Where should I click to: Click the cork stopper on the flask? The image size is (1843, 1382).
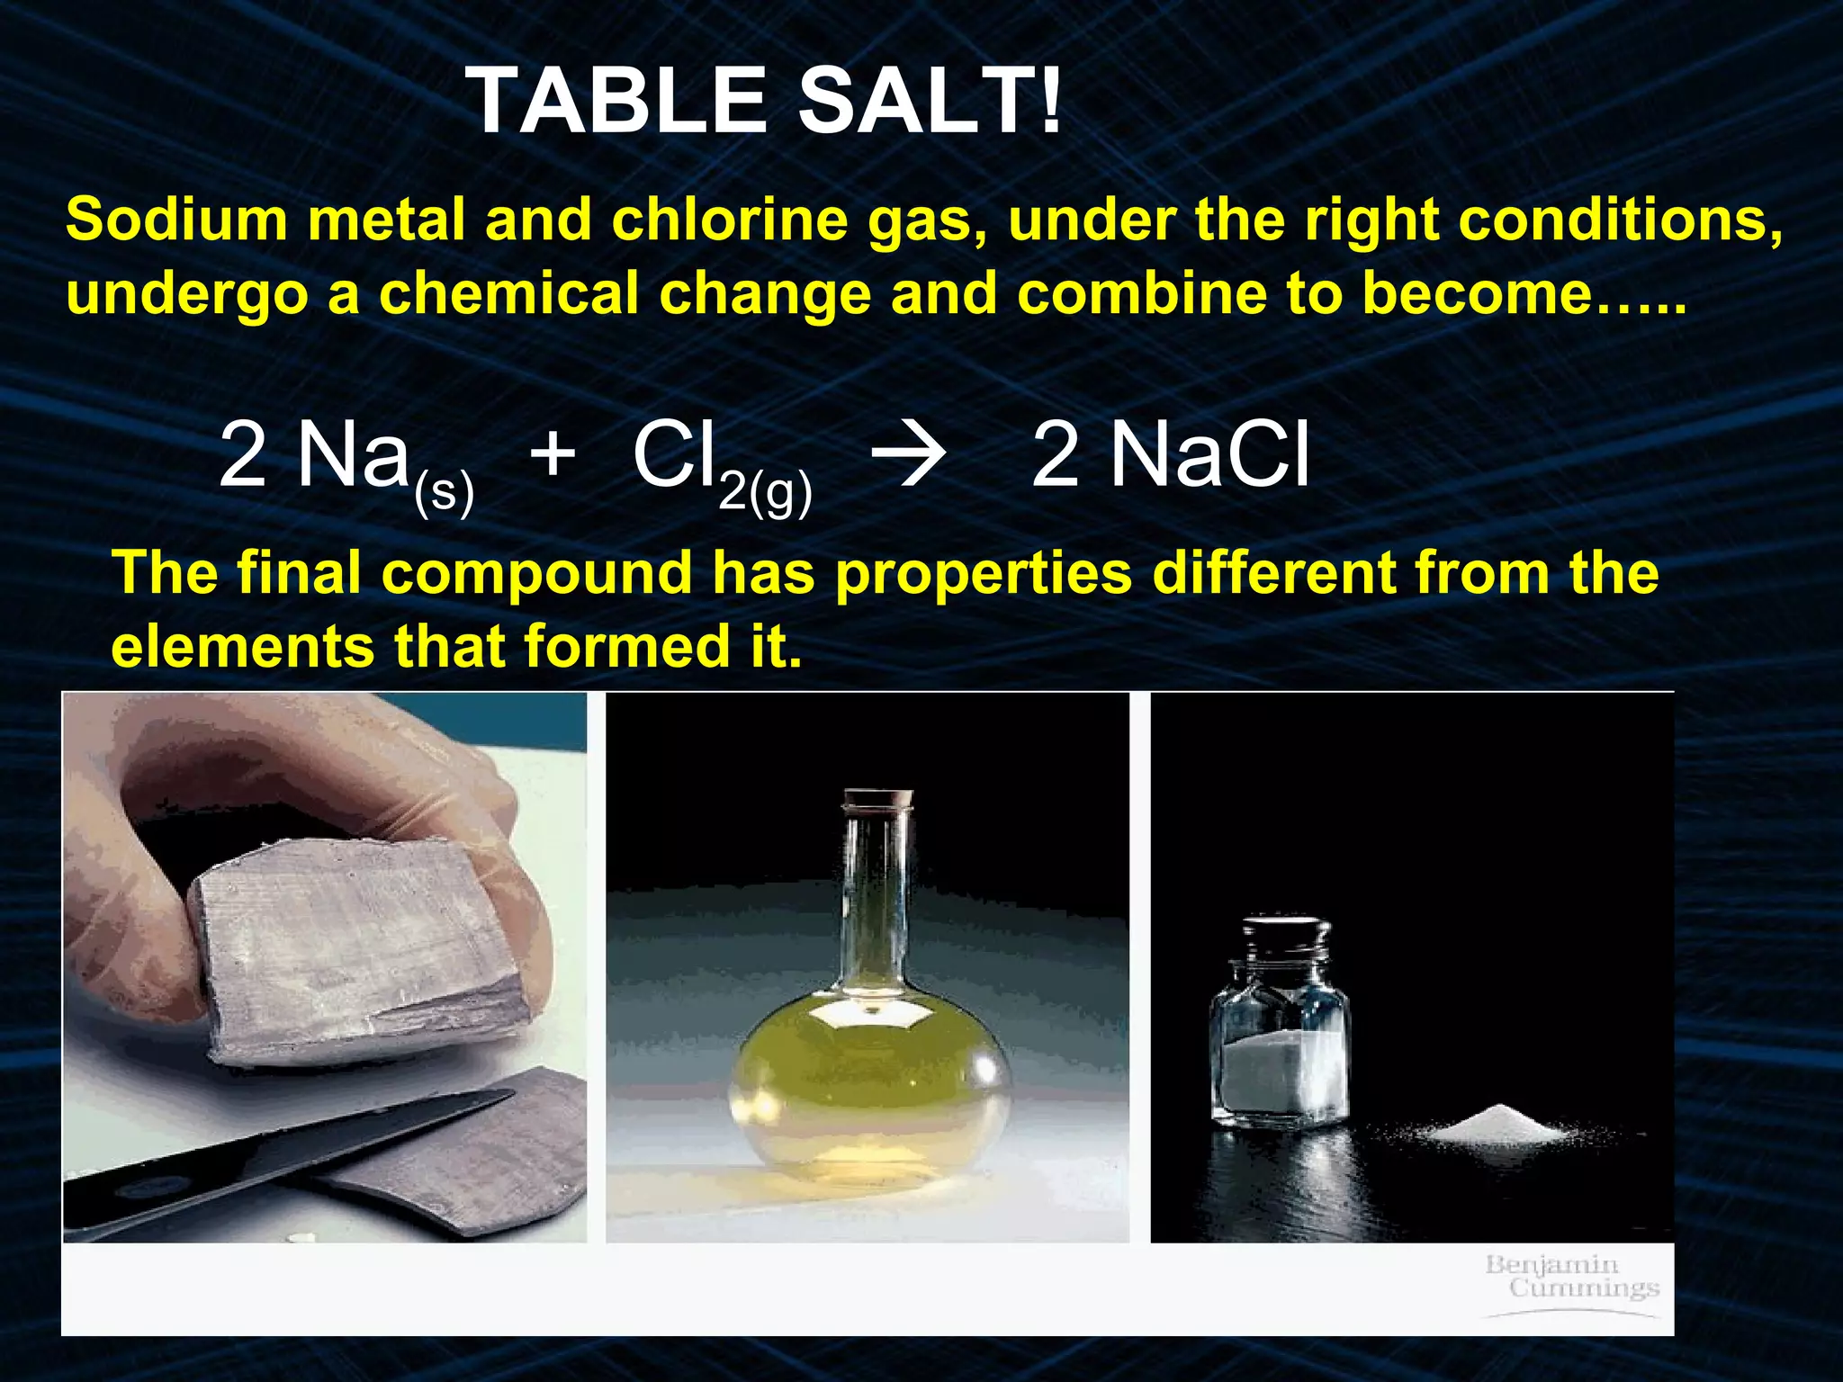tap(878, 799)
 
